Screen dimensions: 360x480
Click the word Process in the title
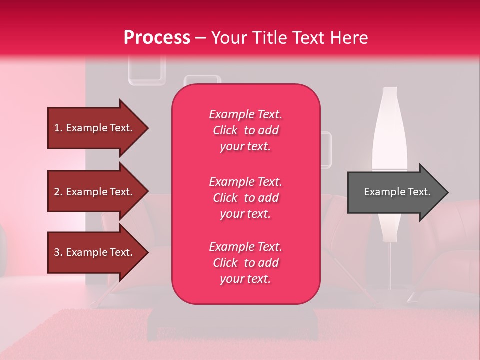(157, 38)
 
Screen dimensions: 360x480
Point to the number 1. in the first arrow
(58, 128)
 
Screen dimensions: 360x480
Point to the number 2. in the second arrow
(58, 192)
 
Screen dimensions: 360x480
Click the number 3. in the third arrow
(58, 252)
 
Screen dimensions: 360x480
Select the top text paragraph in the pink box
(245, 130)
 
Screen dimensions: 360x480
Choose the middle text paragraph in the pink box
(245, 198)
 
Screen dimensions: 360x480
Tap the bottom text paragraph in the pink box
(245, 263)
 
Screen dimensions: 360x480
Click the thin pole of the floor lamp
(390, 270)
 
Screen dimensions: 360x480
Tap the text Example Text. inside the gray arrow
(397, 192)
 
